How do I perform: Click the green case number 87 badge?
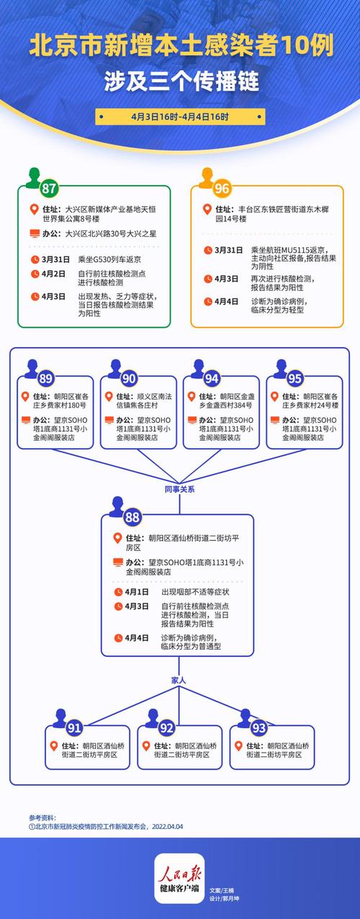pos(49,189)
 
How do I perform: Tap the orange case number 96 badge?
pos(222,189)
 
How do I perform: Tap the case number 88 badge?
pos(132,516)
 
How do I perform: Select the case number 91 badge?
pos(75,727)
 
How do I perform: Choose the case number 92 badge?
pos(167,727)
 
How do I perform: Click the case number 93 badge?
pos(259,727)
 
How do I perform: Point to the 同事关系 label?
pos(179,489)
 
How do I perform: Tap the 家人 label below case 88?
pos(179,679)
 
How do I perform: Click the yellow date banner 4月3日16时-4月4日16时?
pos(179,116)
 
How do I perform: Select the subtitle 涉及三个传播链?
pos(180,80)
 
